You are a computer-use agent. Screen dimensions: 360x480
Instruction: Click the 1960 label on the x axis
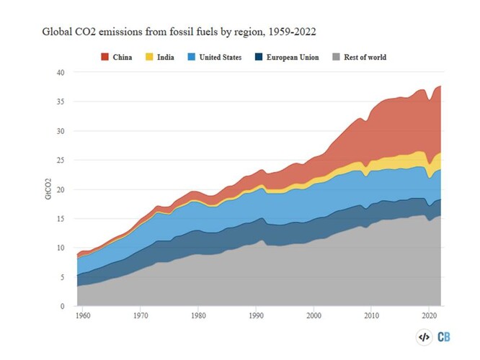coord(84,316)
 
